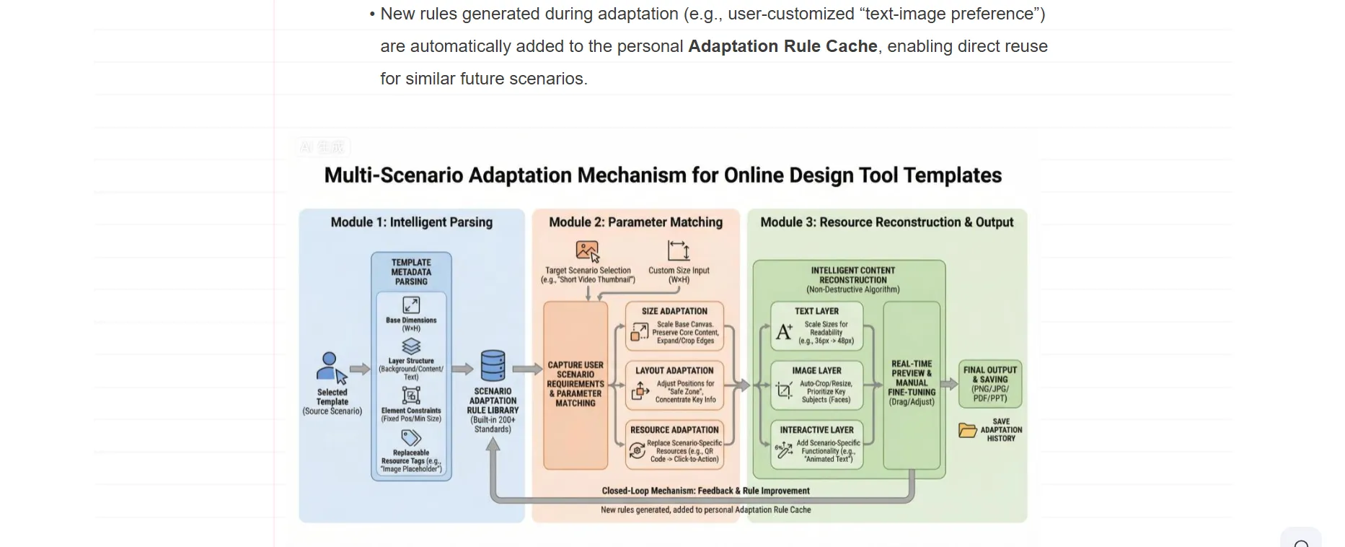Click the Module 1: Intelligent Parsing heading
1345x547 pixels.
point(411,222)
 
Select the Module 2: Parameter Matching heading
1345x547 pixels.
point(635,222)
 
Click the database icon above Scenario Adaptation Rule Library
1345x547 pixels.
point(493,366)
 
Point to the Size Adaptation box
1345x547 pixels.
point(674,325)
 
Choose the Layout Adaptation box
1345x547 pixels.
point(674,385)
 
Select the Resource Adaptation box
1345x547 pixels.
point(674,445)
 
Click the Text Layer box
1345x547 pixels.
point(816,326)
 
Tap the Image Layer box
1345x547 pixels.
point(816,385)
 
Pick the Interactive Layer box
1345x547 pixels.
point(816,445)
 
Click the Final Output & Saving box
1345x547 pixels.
point(989,383)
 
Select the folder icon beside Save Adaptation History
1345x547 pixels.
point(967,430)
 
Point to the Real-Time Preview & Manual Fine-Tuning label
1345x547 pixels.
point(912,382)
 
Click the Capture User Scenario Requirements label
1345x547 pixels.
point(576,384)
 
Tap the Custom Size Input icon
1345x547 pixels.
point(679,251)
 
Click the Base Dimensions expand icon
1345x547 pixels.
point(411,305)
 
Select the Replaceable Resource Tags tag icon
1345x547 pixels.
point(411,438)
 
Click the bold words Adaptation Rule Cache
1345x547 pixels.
point(782,46)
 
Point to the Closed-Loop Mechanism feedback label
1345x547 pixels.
point(705,491)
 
